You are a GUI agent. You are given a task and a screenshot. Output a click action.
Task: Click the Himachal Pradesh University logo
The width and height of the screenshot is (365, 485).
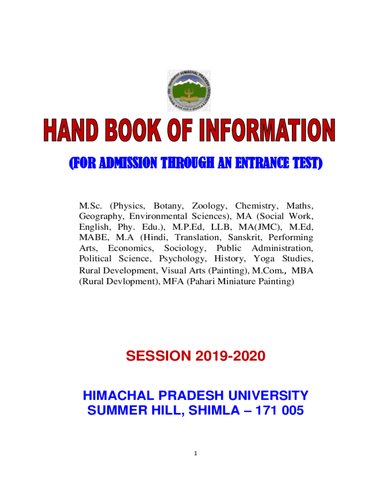189,90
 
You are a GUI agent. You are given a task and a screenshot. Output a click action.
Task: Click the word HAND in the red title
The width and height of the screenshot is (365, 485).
71,130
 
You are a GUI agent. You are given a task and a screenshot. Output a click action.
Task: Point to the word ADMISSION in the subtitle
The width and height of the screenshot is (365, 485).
128,163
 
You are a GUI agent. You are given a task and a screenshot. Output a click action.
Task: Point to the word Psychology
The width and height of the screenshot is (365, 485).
182,259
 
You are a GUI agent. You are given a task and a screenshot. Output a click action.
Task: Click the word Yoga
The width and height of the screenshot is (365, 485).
264,259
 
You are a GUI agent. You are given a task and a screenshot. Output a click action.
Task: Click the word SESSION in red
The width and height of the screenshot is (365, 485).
158,356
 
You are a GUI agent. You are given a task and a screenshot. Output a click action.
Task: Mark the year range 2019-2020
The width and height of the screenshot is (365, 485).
230,356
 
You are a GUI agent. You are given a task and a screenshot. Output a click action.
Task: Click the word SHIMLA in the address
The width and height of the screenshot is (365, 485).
214,411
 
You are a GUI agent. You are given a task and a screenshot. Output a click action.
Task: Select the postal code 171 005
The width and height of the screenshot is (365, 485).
280,411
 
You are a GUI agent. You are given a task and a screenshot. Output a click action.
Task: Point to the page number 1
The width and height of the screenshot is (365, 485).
195,453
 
